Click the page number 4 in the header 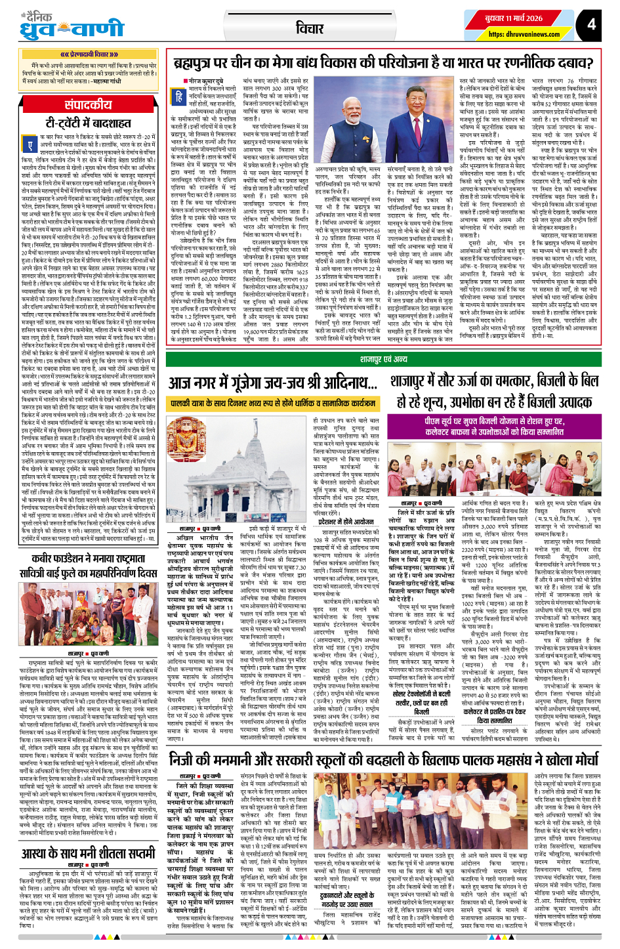592,24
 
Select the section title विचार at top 309,28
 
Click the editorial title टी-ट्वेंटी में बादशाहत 89,123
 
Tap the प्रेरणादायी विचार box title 89,54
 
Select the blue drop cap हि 178,96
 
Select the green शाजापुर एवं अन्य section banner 384,360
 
